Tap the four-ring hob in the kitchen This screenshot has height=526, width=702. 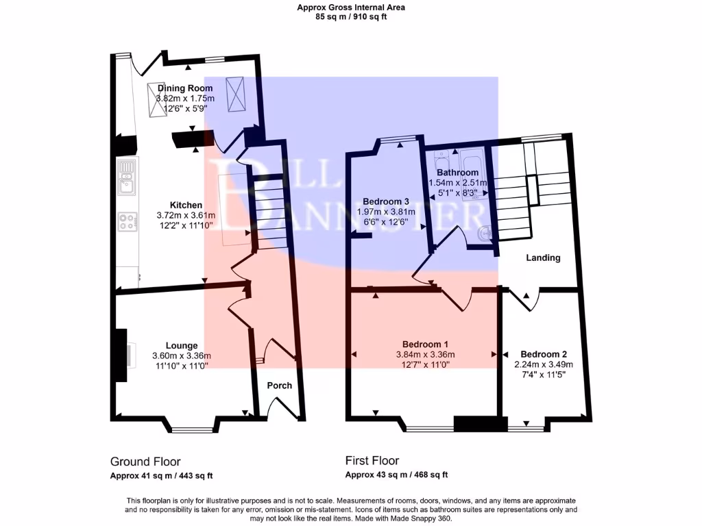click(x=127, y=221)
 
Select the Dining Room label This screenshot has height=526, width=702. click(x=185, y=88)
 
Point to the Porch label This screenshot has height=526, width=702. click(x=279, y=386)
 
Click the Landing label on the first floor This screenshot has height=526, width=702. click(x=543, y=258)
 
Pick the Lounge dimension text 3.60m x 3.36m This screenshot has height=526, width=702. click(x=182, y=355)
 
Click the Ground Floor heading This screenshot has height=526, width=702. click(x=145, y=462)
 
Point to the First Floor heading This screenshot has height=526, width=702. click(x=372, y=461)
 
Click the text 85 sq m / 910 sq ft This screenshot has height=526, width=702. click(x=350, y=17)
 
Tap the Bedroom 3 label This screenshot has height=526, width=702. click(x=386, y=202)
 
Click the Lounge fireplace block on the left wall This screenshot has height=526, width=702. click(x=121, y=355)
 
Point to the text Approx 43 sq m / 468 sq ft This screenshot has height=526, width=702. click(x=396, y=475)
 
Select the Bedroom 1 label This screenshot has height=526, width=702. click(x=425, y=344)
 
